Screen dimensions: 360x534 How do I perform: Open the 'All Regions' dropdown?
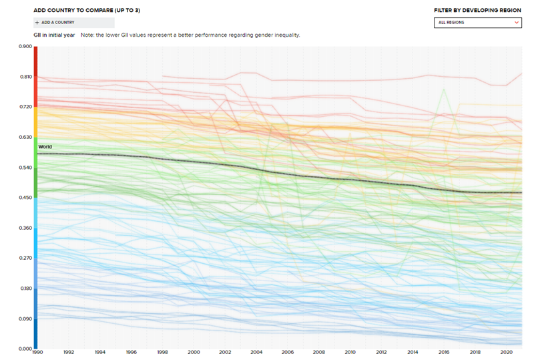point(477,23)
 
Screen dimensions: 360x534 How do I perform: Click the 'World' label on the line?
point(45,146)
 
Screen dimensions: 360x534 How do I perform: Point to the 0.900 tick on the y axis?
point(25,47)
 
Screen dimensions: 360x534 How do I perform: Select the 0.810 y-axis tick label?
point(25,77)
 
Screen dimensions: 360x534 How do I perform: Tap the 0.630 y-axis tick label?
point(25,137)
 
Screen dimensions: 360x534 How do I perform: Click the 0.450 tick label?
point(25,198)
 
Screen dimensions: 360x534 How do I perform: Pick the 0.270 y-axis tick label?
point(25,258)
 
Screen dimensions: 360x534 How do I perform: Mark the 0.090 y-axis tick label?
point(25,319)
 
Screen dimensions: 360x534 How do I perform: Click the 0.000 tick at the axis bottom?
point(25,349)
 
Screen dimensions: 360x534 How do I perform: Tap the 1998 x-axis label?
point(163,352)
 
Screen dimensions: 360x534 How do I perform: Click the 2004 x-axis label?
point(256,352)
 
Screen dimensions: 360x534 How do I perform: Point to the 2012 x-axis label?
point(381,352)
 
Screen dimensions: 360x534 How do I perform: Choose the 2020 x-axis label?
point(506,352)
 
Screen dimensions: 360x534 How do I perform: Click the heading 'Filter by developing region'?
point(477,11)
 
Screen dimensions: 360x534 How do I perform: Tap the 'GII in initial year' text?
point(54,35)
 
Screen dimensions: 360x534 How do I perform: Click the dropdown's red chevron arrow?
point(517,23)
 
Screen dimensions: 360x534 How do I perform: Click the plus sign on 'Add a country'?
point(37,22)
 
